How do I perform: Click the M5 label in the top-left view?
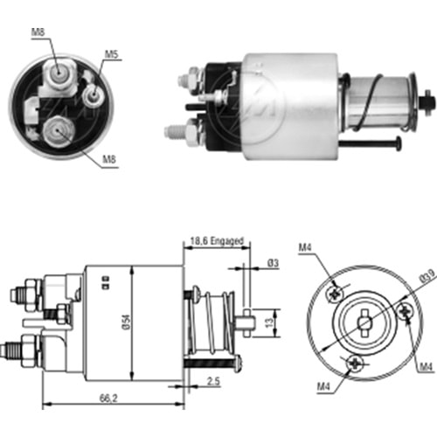(x=111, y=54)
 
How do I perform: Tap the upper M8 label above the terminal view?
(x=38, y=31)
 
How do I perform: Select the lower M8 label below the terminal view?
(x=109, y=159)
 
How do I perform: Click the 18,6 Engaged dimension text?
(x=217, y=241)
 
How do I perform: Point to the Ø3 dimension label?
(x=273, y=263)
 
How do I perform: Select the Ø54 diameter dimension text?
(x=127, y=323)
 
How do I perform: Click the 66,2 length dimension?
(x=108, y=399)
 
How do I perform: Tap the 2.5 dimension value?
(x=213, y=381)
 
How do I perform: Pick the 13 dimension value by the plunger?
(x=269, y=323)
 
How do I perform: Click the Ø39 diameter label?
(x=428, y=276)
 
